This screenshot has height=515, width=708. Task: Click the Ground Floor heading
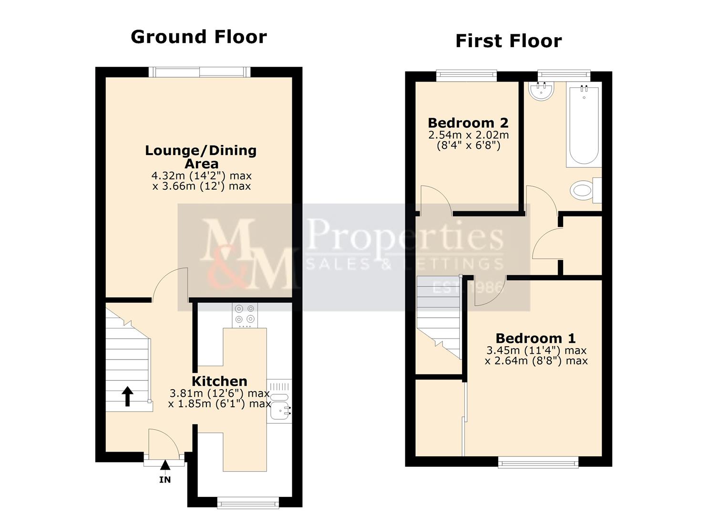pyautogui.click(x=198, y=37)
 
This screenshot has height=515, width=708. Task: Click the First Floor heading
pyautogui.click(x=508, y=41)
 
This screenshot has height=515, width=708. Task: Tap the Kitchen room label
pyautogui.click(x=219, y=381)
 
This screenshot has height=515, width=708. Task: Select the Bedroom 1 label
pyautogui.click(x=535, y=338)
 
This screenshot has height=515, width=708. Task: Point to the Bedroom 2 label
pyautogui.click(x=468, y=123)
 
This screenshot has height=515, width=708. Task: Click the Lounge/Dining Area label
pyautogui.click(x=201, y=156)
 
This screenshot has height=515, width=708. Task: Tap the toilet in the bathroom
pyautogui.click(x=583, y=191)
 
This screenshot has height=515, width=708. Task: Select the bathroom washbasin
pyautogui.click(x=542, y=92)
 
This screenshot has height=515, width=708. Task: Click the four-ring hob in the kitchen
pyautogui.click(x=245, y=315)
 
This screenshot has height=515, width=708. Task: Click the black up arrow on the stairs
pyautogui.click(x=127, y=396)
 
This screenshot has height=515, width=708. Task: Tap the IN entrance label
pyautogui.click(x=164, y=480)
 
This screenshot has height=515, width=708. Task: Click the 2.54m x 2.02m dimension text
pyautogui.click(x=468, y=135)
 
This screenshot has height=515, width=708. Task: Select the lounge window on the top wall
pyautogui.click(x=199, y=72)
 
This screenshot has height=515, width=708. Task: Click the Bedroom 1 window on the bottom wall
pyautogui.click(x=538, y=461)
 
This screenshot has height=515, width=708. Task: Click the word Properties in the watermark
pyautogui.click(x=405, y=237)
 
